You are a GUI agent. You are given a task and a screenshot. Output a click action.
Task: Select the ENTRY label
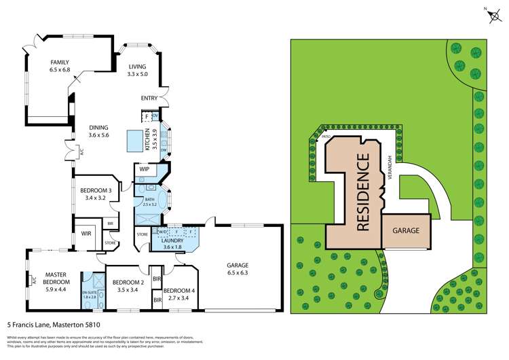tap(149, 98)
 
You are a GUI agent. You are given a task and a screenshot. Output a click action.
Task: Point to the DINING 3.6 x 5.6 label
tap(99, 131)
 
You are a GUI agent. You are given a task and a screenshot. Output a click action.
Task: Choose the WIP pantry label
tap(144, 168)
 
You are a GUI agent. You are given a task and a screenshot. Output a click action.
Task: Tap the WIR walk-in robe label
tap(86, 233)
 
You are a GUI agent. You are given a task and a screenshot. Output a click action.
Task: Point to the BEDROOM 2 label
tap(128, 286)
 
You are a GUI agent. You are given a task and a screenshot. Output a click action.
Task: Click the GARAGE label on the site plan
tap(411, 230)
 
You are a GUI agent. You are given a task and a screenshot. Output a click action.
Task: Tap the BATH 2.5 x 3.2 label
tap(149, 201)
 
